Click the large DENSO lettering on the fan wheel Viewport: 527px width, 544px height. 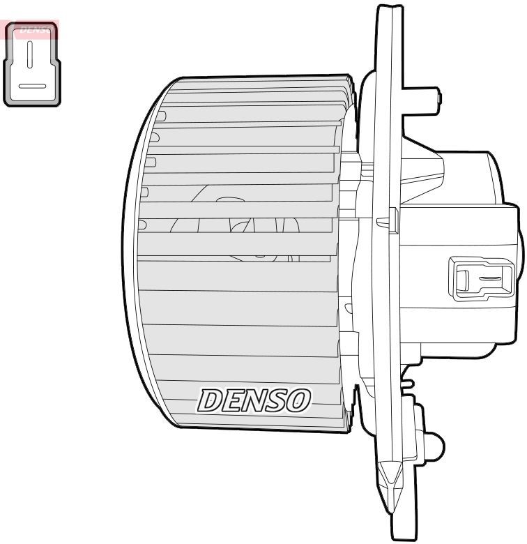click(254, 400)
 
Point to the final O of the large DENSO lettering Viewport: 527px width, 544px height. click(298, 400)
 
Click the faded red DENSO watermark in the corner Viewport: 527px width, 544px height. click(31, 29)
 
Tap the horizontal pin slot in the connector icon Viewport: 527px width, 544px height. click(31, 86)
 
